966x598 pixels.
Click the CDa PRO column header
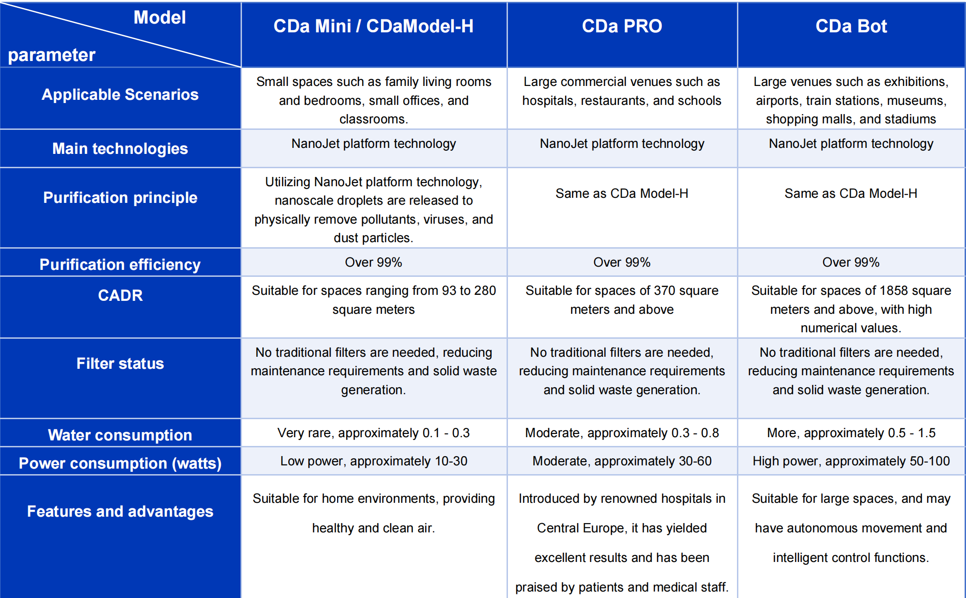pos(622,26)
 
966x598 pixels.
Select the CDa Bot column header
pos(851,26)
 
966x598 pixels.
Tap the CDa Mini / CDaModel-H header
pos(373,26)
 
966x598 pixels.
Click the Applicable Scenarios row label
pos(120,95)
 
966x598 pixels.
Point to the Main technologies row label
pos(120,149)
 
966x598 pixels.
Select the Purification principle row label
pos(120,198)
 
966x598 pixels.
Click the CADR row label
pos(120,296)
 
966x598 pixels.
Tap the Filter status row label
pos(120,364)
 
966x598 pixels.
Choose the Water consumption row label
pos(120,435)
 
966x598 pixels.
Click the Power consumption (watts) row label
pos(120,463)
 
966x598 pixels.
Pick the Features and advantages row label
pos(120,512)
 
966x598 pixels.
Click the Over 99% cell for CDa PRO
pos(622,262)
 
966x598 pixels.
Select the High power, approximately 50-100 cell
pos(851,461)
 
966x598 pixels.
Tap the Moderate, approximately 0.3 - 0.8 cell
pos(622,433)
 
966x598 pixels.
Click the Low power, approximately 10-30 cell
pos(374,461)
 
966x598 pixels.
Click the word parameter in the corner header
pos(52,55)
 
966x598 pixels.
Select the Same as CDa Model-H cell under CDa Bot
pos(851,194)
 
